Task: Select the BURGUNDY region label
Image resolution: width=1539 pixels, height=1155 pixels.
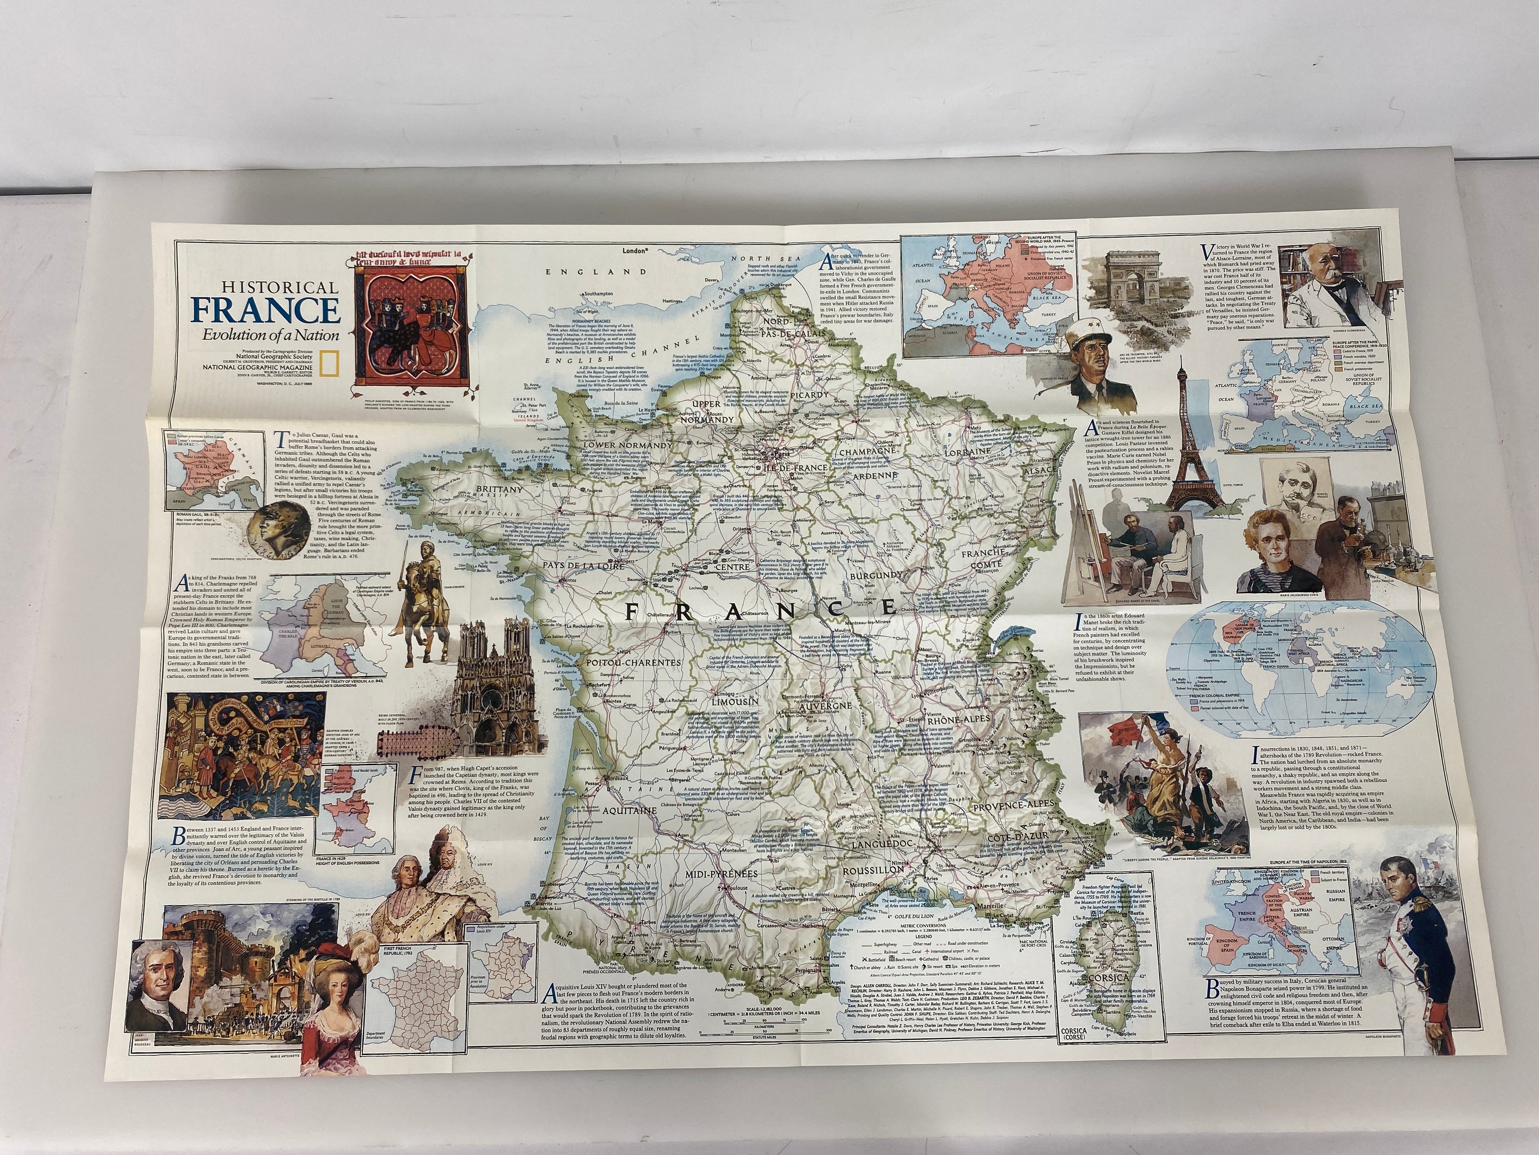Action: point(874,576)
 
